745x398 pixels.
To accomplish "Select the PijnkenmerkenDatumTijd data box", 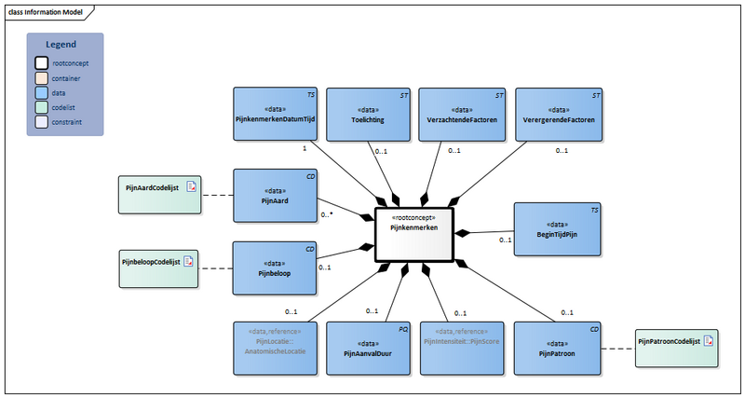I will point(274,114).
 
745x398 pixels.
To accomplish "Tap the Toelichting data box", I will point(367,114).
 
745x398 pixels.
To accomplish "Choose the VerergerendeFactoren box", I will point(556,114).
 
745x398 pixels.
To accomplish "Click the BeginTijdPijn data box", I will point(556,230).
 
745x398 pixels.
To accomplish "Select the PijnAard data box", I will point(274,196).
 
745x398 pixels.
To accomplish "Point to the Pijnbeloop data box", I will point(274,269).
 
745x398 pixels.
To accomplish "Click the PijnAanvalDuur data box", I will point(367,347).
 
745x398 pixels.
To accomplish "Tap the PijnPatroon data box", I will point(556,347).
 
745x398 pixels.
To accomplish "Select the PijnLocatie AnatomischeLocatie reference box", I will point(274,347).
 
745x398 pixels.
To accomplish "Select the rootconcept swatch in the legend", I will point(42,63).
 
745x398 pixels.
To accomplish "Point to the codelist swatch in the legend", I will point(42,107).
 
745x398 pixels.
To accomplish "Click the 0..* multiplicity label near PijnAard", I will point(327,214).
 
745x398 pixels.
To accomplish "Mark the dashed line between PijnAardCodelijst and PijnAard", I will point(216,196).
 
